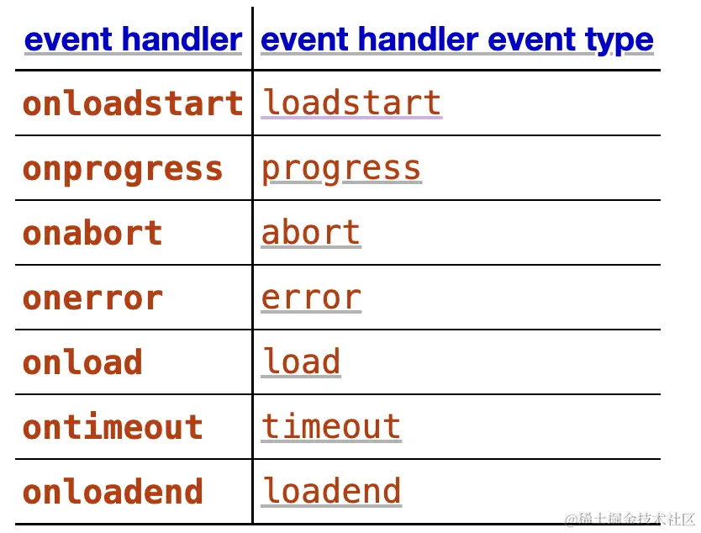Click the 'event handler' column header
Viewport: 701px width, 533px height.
tap(134, 40)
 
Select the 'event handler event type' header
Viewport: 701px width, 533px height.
tap(457, 40)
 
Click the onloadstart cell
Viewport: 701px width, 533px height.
tap(133, 103)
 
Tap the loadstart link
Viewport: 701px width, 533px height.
tap(352, 103)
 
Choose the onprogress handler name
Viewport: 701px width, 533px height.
tap(123, 170)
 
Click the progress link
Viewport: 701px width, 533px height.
tap(341, 170)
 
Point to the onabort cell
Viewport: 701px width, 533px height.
tap(92, 233)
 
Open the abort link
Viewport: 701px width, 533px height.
tap(311, 233)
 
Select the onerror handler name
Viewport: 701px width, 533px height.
tap(92, 298)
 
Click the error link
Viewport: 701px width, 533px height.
tap(311, 298)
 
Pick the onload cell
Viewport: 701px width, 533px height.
tap(82, 361)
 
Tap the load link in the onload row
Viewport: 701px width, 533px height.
tap(301, 361)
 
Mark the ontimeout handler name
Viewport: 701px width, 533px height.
tap(113, 426)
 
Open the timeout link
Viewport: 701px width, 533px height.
tap(331, 426)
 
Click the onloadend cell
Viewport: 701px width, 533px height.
tap(113, 492)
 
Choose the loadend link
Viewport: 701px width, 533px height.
tap(331, 492)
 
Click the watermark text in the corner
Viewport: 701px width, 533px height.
tap(630, 520)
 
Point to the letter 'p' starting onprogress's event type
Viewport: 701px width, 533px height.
tap(271, 172)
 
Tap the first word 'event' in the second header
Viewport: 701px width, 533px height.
tap(304, 40)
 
